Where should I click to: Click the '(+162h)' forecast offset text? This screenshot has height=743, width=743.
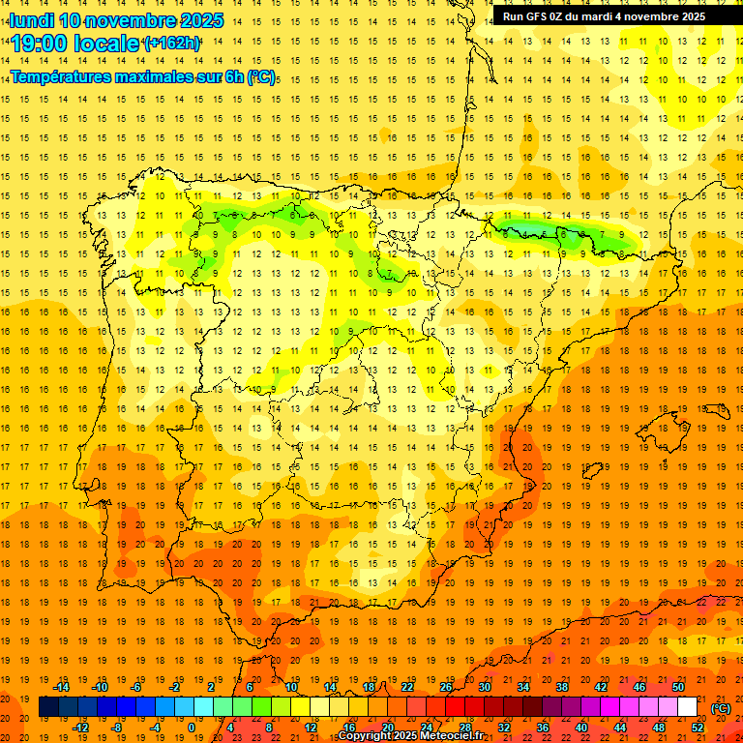172,44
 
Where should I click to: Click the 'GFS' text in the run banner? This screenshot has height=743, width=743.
539,16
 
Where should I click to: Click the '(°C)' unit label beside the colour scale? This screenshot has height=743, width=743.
721,708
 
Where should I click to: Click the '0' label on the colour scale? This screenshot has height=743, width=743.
192,727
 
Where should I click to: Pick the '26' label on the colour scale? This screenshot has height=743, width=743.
446,687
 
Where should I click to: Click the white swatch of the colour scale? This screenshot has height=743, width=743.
687,707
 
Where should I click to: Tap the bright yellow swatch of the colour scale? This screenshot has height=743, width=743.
318,707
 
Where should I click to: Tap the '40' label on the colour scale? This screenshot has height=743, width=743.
582,727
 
